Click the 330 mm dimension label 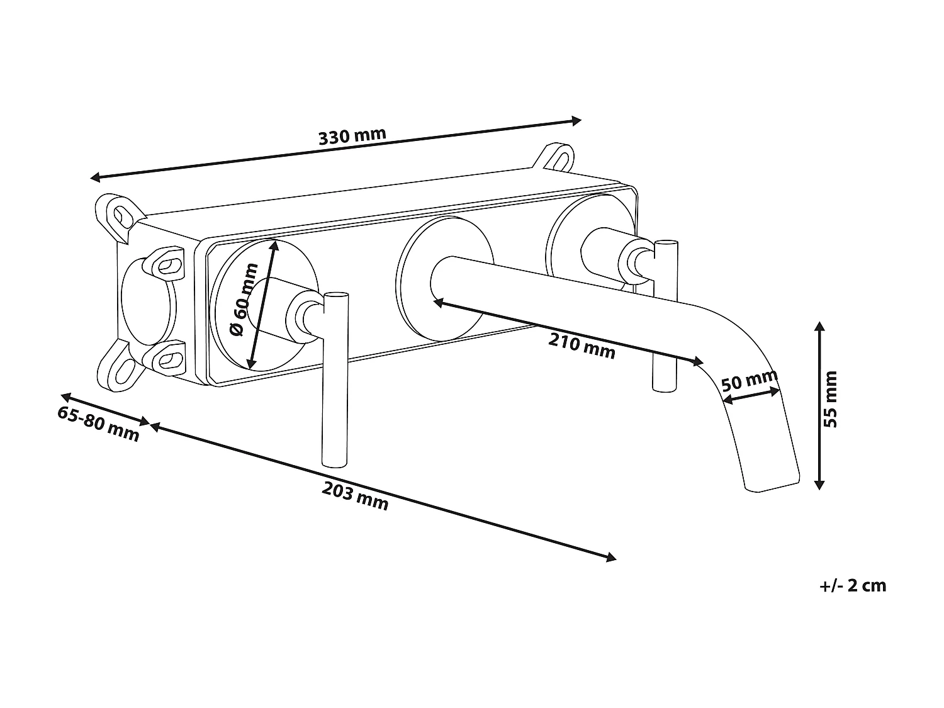352,136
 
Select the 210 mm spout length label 582,346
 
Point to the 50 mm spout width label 749,381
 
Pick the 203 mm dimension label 355,494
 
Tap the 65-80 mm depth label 98,424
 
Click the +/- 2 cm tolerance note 853,586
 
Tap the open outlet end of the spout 772,485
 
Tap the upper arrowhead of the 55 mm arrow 819,326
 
